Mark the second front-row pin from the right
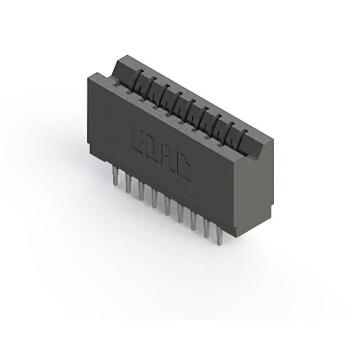(x=207, y=230)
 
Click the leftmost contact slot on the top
(x=138, y=83)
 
